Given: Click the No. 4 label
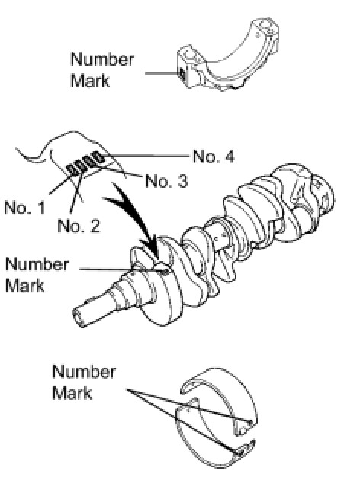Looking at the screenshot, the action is pyautogui.click(x=214, y=156).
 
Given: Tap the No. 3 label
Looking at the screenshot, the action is pyautogui.click(x=166, y=181).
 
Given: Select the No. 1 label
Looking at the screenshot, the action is pyautogui.click(x=24, y=207).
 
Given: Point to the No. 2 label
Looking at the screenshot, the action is pyautogui.click(x=79, y=226).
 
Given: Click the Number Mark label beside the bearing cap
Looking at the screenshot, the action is pyautogui.click(x=102, y=69).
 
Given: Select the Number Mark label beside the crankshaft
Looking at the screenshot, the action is pyautogui.click(x=37, y=275).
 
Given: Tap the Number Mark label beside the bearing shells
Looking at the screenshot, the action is pyautogui.click(x=84, y=382).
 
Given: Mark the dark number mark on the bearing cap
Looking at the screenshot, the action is pyautogui.click(x=182, y=74).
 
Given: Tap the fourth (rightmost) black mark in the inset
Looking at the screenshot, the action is pyautogui.click(x=98, y=158).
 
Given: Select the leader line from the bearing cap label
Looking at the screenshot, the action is pyautogui.click(x=162, y=73).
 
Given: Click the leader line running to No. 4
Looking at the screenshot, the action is pyautogui.click(x=146, y=156).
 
